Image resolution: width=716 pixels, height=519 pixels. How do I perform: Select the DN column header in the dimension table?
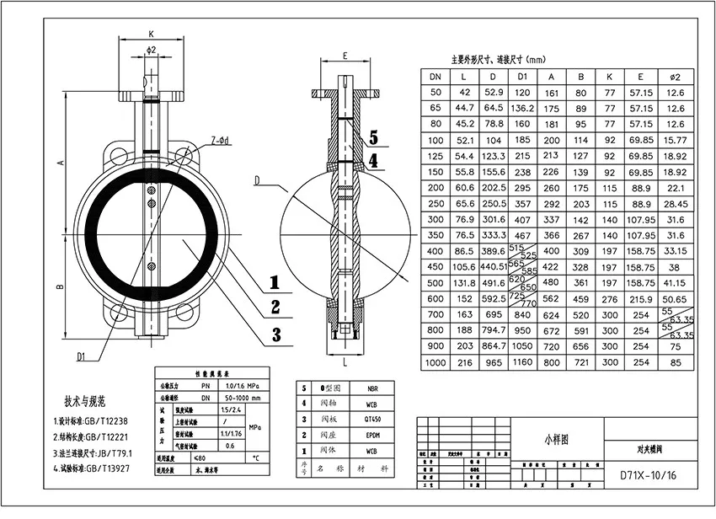tap(435, 78)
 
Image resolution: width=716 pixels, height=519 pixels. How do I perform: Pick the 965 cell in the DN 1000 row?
tap(493, 362)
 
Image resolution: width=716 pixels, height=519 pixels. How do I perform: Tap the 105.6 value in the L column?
tap(464, 267)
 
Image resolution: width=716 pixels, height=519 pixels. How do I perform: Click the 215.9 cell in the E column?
tap(642, 298)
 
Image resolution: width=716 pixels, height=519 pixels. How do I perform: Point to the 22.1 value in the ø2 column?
tap(676, 187)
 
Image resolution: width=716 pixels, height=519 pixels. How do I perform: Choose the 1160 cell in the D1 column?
tap(523, 362)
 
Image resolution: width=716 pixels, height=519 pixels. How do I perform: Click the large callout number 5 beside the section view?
tap(373, 136)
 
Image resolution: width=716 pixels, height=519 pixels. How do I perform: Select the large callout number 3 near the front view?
tap(275, 334)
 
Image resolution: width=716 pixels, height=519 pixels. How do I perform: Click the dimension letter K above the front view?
tap(151, 34)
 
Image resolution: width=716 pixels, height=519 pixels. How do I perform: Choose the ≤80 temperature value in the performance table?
tap(200, 458)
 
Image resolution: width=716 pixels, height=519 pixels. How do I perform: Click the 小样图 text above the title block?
tap(557, 439)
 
